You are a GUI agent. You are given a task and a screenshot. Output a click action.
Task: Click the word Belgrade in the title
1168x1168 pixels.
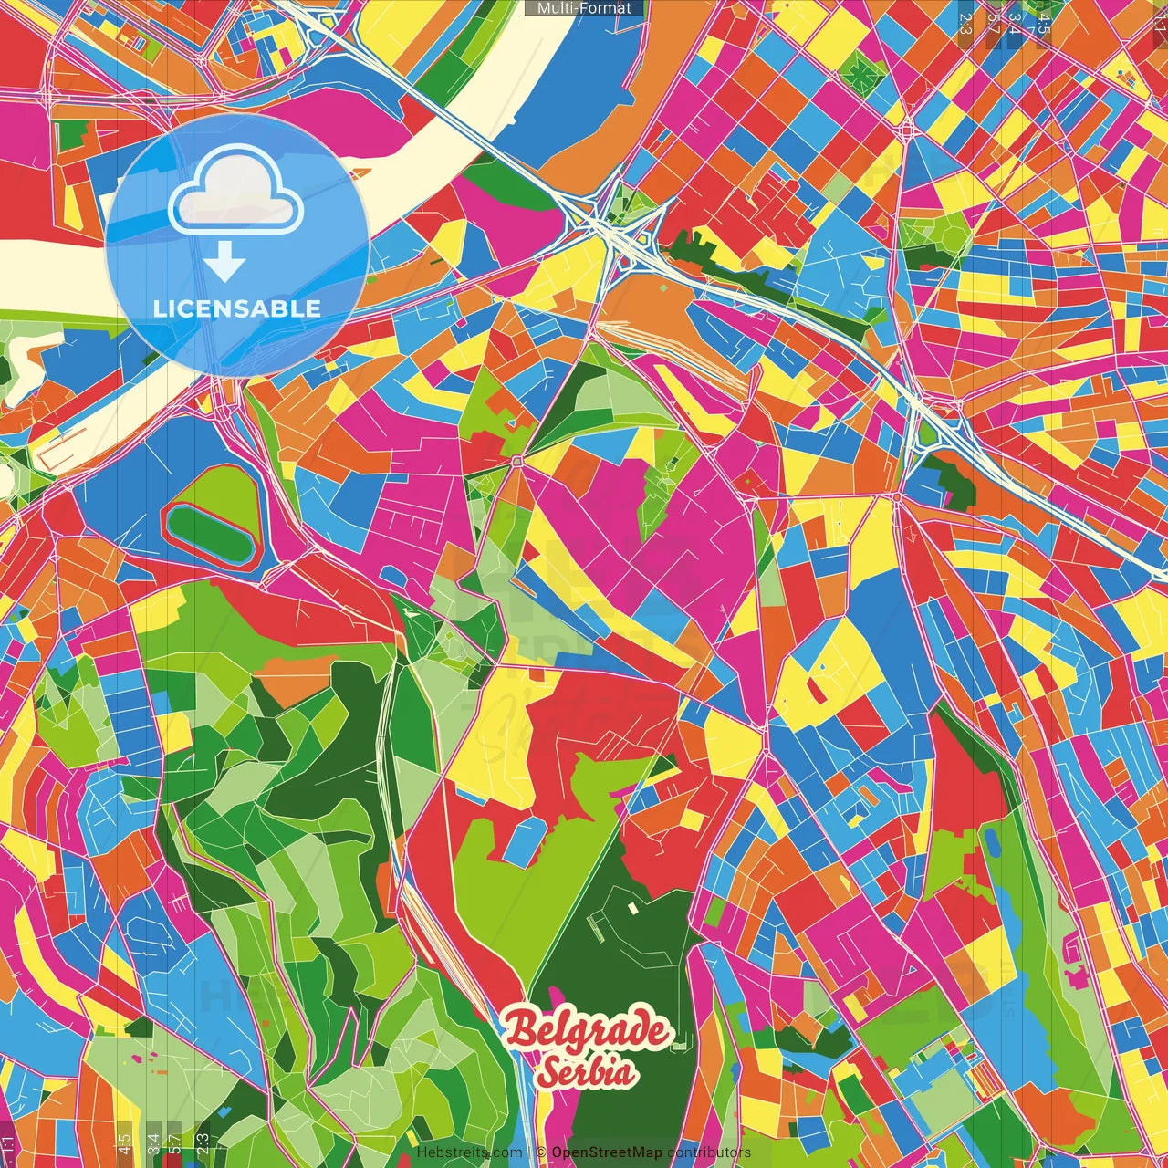click(x=588, y=1031)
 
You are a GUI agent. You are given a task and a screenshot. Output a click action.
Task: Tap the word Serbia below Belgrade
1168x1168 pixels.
click(x=586, y=1070)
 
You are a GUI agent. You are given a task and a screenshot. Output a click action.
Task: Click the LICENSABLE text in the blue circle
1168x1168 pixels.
click(x=237, y=308)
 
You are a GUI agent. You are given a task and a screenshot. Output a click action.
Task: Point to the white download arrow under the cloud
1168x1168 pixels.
click(x=224, y=264)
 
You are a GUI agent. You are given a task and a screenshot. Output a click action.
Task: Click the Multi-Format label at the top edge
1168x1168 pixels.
click(x=584, y=8)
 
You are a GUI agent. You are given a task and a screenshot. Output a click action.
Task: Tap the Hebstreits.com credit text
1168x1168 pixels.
click(x=469, y=1152)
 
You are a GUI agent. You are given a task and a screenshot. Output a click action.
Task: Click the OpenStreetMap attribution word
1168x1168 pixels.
click(x=607, y=1152)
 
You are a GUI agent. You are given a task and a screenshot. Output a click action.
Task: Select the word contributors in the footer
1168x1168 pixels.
click(x=709, y=1152)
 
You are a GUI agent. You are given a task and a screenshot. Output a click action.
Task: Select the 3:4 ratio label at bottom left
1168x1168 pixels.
click(x=153, y=1142)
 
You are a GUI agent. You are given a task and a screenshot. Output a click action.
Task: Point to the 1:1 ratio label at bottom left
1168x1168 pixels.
click(x=8, y=1143)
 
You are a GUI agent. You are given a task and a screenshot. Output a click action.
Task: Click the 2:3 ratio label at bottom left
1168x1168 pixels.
click(x=203, y=1142)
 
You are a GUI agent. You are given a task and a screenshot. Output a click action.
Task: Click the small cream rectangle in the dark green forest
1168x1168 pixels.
click(x=633, y=908)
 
